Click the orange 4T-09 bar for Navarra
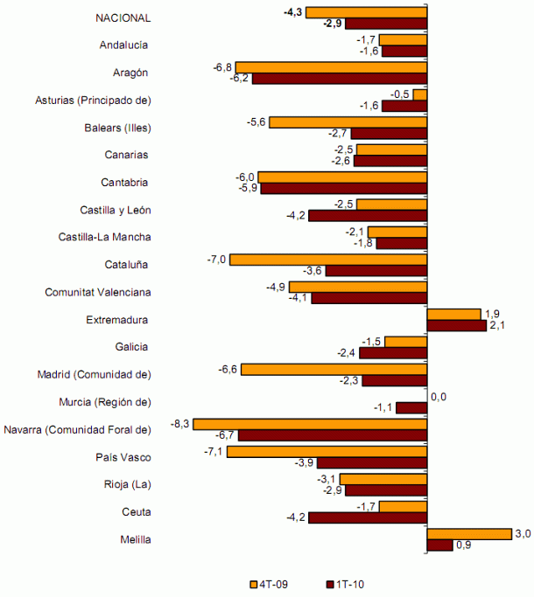(x=310, y=424)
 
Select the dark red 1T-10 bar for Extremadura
(x=456, y=326)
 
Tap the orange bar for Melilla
(x=468, y=534)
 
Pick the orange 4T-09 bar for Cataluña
(x=328, y=260)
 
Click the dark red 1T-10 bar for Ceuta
(x=368, y=517)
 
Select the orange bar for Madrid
(x=334, y=370)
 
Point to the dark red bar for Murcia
(x=411, y=407)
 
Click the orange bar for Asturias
(x=420, y=94)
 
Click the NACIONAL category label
(x=123, y=18)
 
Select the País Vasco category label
(x=123, y=456)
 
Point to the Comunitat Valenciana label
(x=98, y=292)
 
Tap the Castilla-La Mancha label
(x=104, y=237)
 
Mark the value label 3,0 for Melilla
(x=523, y=533)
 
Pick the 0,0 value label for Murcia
(x=439, y=397)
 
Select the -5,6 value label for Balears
(x=256, y=121)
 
